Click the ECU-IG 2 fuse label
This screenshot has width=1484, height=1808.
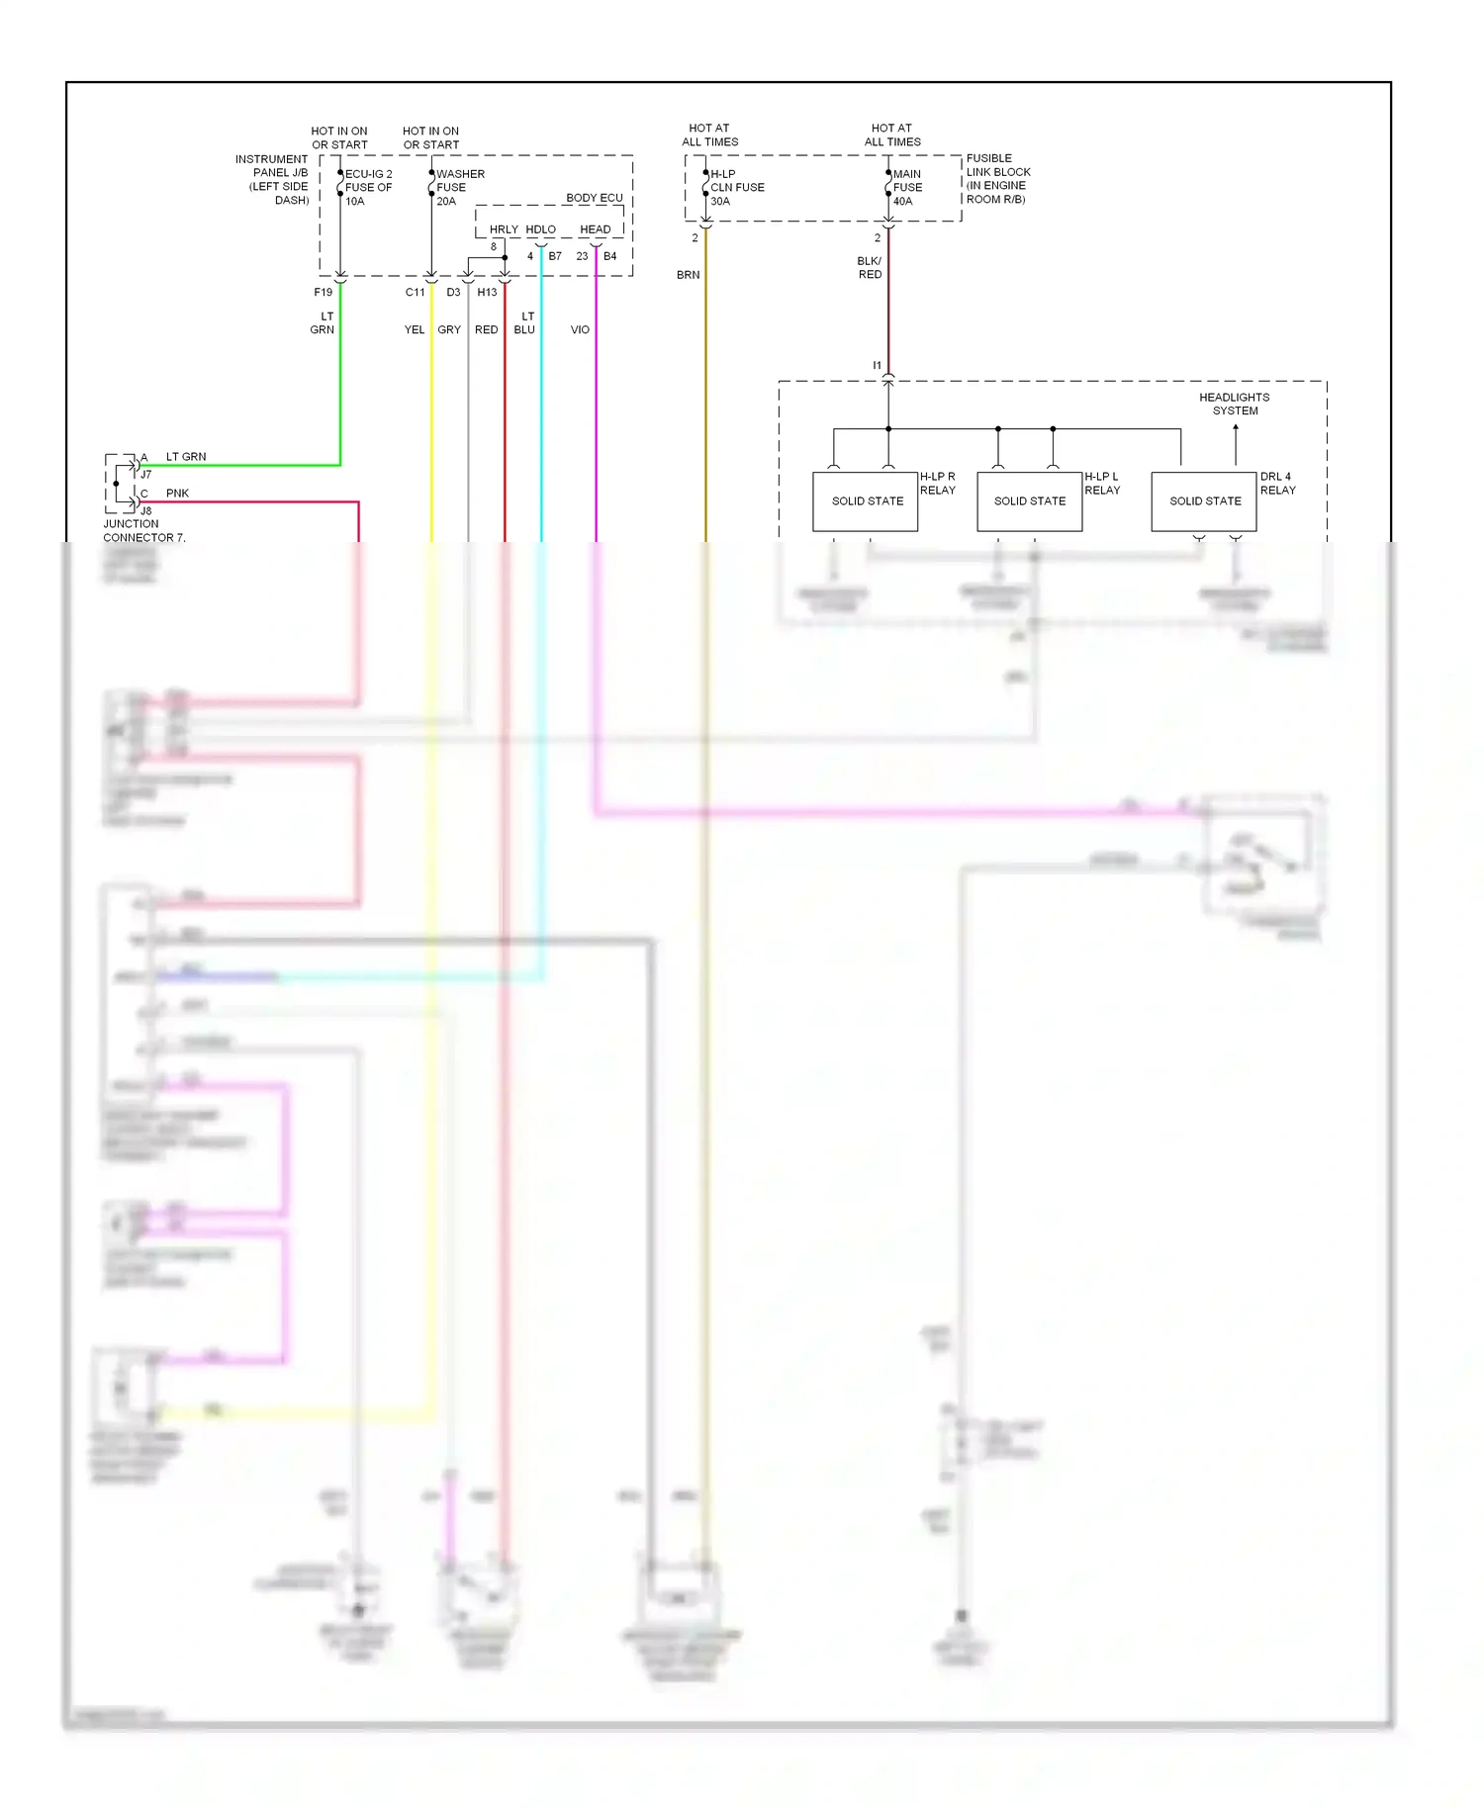point(368,187)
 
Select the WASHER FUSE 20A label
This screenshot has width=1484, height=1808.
point(460,187)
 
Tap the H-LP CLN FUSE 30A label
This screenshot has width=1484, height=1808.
point(737,187)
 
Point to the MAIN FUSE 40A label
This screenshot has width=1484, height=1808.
point(907,187)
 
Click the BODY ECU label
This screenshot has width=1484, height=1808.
point(595,198)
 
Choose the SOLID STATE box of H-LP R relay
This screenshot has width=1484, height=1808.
point(867,501)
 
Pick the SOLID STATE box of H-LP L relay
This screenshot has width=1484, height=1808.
point(1029,501)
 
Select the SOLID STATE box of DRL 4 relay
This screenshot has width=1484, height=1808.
point(1204,501)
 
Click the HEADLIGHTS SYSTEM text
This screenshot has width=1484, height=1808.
point(1235,404)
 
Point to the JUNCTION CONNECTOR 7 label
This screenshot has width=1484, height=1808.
point(143,531)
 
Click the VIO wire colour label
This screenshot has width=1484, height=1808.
point(580,329)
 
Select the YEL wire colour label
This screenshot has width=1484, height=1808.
point(415,329)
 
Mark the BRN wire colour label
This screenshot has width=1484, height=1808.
point(689,275)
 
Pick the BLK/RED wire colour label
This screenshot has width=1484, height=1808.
point(870,268)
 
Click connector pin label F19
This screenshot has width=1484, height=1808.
point(324,293)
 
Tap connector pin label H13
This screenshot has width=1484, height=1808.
point(487,293)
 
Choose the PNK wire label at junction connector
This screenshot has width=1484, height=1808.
point(177,494)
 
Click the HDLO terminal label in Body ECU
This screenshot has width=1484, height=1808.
point(540,229)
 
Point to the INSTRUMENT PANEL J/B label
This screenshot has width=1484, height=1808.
point(272,179)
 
